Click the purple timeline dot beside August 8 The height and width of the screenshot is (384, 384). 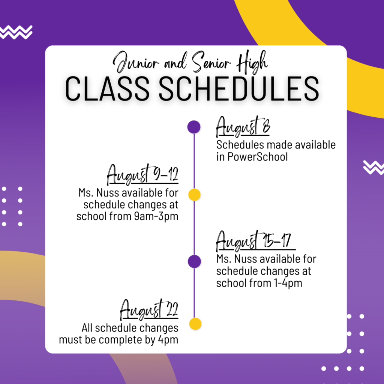pyautogui.click(x=194, y=127)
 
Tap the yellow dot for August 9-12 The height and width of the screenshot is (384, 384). pyautogui.click(x=195, y=195)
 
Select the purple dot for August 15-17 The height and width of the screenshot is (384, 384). pyautogui.click(x=195, y=261)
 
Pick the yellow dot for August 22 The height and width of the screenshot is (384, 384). pyautogui.click(x=195, y=324)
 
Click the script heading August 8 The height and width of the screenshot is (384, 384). pyautogui.click(x=243, y=126)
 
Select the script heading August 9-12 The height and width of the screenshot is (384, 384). pyautogui.click(x=142, y=174)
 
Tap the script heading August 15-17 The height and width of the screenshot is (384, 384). pyautogui.click(x=256, y=241)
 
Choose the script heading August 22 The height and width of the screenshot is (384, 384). pyautogui.click(x=149, y=309)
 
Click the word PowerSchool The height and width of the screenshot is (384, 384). pyautogui.click(x=258, y=157)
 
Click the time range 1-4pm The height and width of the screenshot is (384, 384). pyautogui.click(x=288, y=283)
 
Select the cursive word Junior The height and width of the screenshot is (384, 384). pyautogui.click(x=136, y=63)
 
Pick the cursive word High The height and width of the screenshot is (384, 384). pyautogui.click(x=252, y=63)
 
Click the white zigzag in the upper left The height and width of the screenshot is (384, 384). pyautogui.click(x=16, y=32)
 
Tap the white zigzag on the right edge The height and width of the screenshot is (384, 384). pyautogui.click(x=373, y=168)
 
